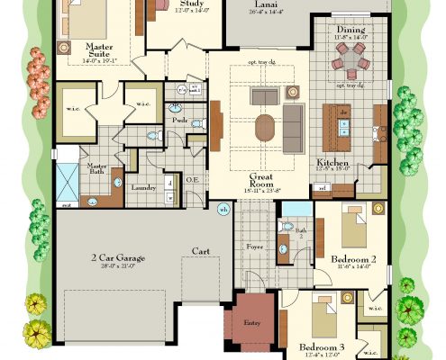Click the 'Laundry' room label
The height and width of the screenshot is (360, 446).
(x=145, y=187)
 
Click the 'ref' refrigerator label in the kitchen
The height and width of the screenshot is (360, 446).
(x=322, y=188)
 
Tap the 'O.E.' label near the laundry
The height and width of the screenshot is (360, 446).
(x=193, y=179)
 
